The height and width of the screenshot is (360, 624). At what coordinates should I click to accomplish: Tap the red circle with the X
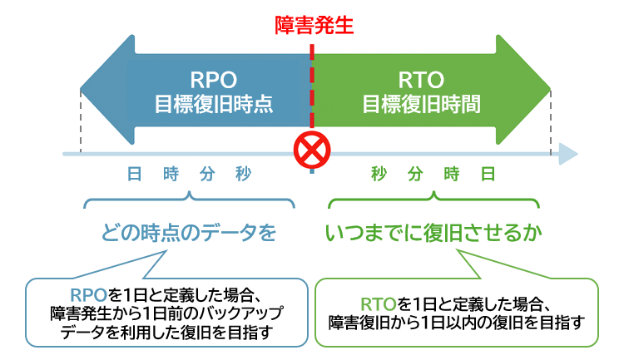[312, 151]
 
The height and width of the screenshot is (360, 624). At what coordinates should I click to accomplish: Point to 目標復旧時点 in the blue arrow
[214, 106]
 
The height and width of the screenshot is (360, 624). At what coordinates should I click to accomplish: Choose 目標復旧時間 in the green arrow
[420, 106]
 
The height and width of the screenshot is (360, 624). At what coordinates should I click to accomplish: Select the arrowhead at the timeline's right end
[569, 154]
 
